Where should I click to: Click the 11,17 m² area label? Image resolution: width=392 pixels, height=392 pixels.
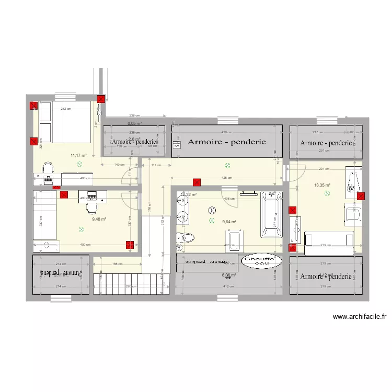coord(78,155)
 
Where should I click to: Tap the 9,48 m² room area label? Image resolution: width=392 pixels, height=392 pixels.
coord(99,219)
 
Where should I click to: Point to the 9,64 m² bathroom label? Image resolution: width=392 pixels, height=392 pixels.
coord(230,221)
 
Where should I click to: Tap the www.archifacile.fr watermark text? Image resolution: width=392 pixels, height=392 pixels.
coord(359,316)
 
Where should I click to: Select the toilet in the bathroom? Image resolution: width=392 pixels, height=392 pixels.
coord(186,238)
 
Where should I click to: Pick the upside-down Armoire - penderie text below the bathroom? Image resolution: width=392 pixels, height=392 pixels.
coord(207,261)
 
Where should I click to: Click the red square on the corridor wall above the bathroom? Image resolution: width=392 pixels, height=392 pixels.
coord(197,182)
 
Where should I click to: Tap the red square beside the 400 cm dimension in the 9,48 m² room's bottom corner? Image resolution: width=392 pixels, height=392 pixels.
coord(129,244)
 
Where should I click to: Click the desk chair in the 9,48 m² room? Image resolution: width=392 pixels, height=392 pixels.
coord(91,207)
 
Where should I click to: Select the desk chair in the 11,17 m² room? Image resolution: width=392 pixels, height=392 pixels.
coord(48,168)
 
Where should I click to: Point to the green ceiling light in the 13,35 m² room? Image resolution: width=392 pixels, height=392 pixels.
coord(327,193)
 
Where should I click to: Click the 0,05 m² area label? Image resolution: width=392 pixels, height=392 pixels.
coord(135,123)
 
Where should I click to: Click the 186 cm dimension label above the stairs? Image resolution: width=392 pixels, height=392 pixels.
coord(117,264)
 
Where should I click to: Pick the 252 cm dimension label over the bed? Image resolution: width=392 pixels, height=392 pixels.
coord(65,109)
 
